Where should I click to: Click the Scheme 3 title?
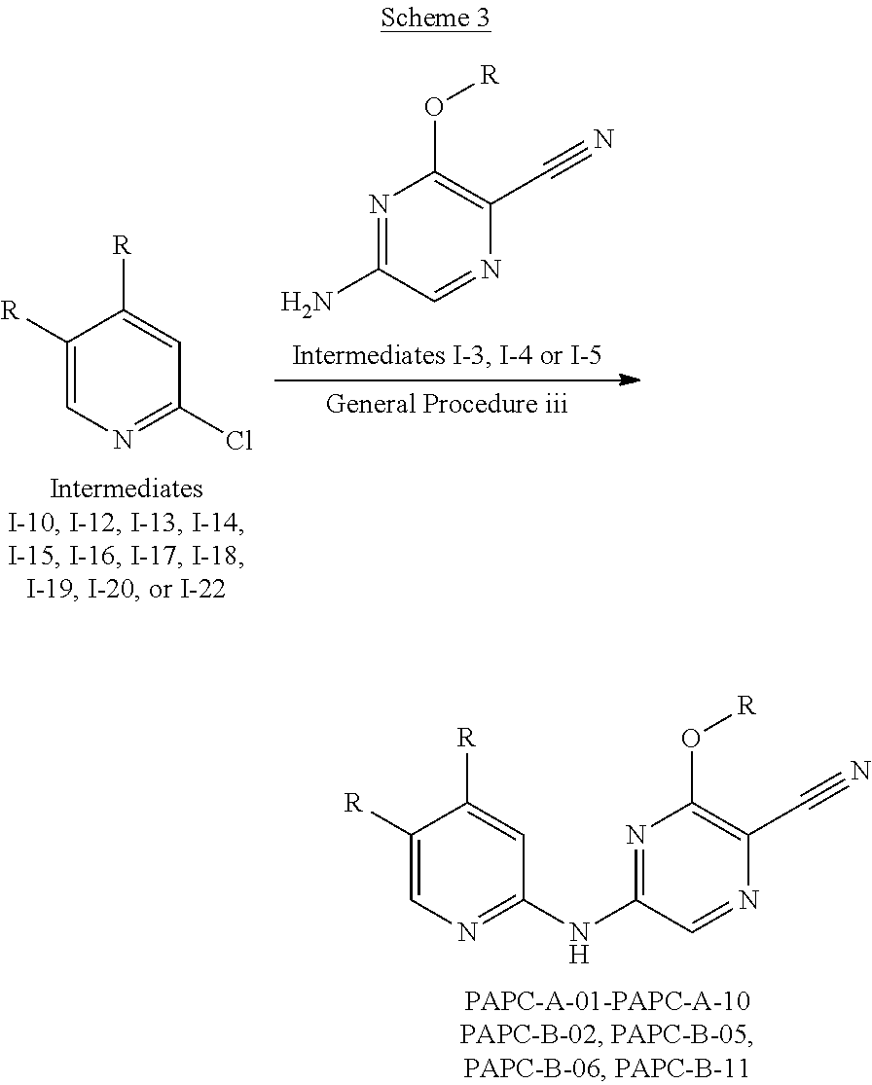(x=436, y=18)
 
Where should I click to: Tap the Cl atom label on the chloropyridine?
(x=238, y=442)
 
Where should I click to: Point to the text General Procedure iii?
(x=447, y=403)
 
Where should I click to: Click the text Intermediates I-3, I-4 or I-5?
(x=447, y=354)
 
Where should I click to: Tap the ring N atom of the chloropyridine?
(x=123, y=442)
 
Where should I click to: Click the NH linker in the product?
(x=579, y=942)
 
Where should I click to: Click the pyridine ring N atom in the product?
(x=468, y=931)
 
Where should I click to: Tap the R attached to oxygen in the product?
(x=746, y=705)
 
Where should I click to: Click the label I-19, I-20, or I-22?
(x=127, y=589)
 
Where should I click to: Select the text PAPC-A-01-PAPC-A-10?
(x=607, y=1000)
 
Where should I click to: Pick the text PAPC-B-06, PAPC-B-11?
(x=607, y=1067)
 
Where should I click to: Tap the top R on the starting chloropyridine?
(x=122, y=244)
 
